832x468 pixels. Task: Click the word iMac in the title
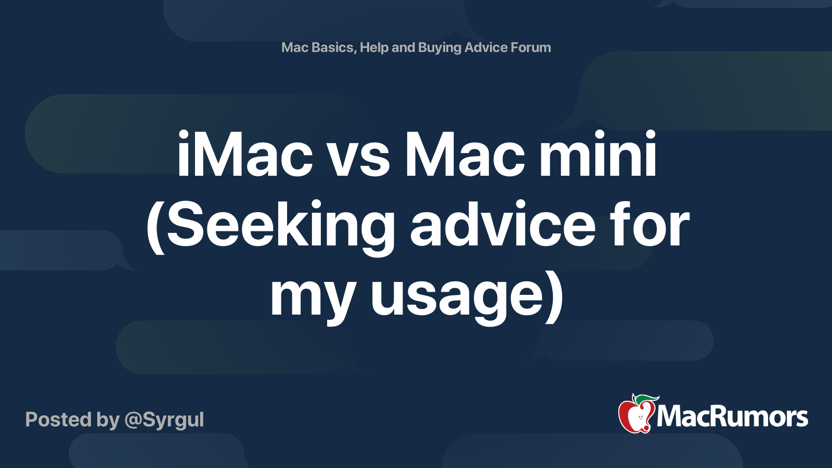point(244,154)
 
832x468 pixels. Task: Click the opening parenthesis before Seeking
point(155,227)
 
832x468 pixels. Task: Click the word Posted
point(58,420)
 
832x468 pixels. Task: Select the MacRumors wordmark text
point(732,417)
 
